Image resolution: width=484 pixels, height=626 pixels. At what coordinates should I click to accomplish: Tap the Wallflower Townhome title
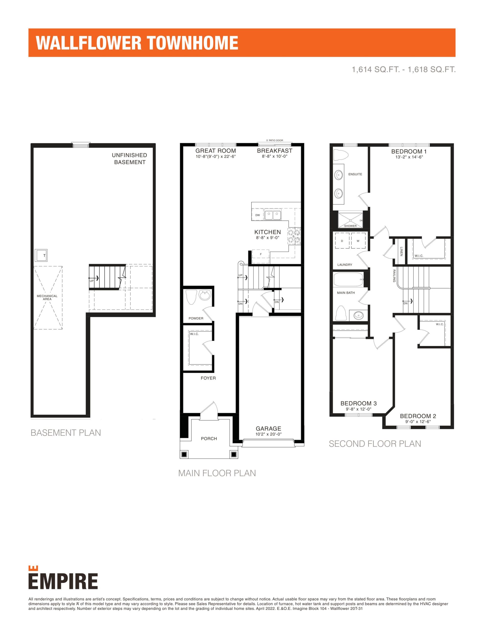(137, 43)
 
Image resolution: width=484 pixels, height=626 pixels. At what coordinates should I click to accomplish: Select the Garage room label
(268, 428)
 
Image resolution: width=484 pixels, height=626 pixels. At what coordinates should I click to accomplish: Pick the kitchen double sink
(273, 215)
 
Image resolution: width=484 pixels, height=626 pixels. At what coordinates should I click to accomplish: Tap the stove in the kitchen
(294, 236)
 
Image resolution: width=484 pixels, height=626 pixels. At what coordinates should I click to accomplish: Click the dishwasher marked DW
(258, 215)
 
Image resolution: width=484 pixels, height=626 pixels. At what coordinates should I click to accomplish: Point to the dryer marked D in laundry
(342, 241)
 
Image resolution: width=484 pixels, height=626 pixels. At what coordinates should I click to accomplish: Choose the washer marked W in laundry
(358, 241)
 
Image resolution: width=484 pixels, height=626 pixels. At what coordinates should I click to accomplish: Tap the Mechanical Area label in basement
(47, 298)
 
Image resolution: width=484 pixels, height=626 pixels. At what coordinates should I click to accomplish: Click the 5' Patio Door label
(275, 140)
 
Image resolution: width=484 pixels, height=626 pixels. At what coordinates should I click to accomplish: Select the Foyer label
(208, 378)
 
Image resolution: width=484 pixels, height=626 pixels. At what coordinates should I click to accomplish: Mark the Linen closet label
(401, 251)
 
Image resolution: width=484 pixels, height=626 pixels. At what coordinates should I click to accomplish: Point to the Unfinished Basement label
(130, 158)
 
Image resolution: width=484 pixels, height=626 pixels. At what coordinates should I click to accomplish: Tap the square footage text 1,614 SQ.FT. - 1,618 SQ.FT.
(404, 69)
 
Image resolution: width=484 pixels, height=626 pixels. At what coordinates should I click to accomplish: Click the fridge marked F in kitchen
(261, 254)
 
